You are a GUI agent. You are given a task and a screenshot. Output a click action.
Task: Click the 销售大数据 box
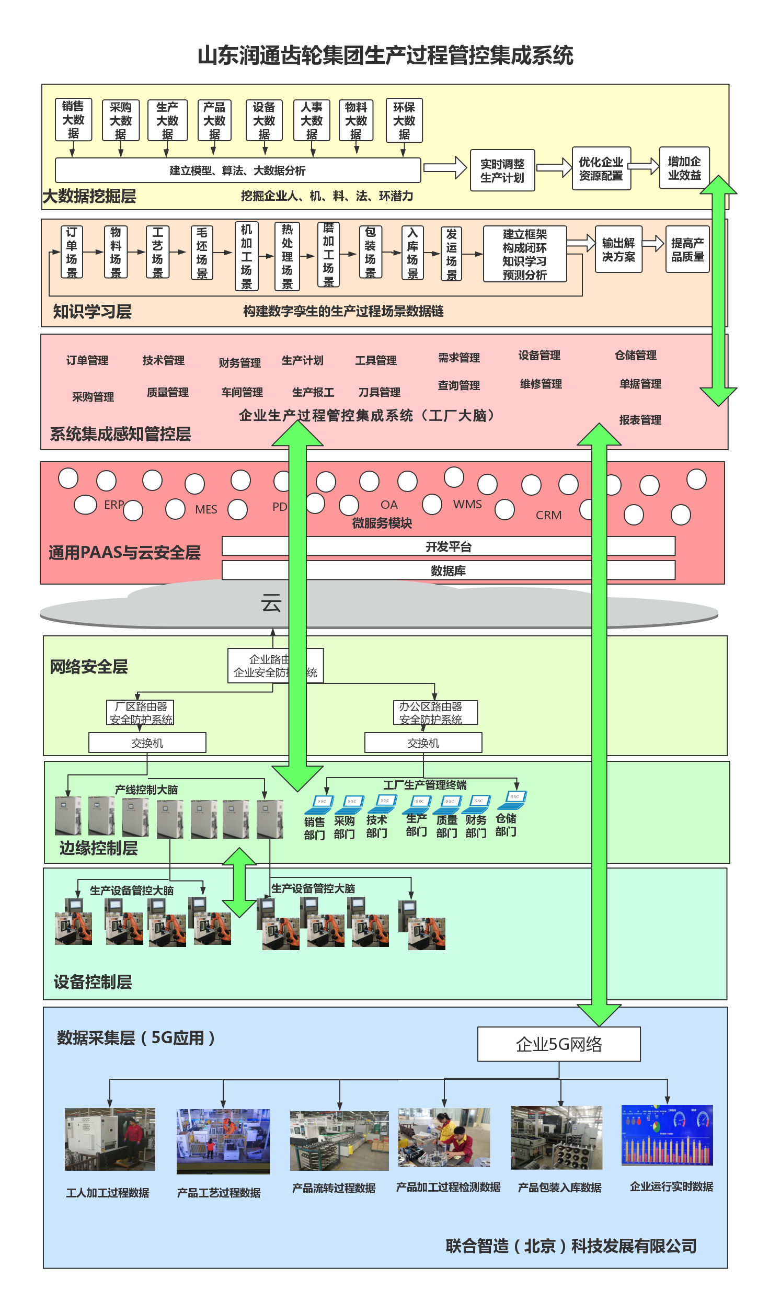tap(73, 120)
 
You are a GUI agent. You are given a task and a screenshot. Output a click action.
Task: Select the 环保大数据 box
tap(404, 120)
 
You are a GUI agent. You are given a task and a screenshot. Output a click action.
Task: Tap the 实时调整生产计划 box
tap(502, 170)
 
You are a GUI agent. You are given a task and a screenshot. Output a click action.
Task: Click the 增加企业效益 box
tap(684, 168)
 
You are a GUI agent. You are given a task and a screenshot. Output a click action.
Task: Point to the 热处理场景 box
tap(287, 256)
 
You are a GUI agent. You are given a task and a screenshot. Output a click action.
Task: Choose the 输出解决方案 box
tap(618, 249)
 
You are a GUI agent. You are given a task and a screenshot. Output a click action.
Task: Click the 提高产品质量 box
tap(687, 249)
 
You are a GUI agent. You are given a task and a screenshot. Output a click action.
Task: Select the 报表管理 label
tap(640, 420)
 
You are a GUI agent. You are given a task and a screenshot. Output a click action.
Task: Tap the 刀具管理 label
tap(379, 392)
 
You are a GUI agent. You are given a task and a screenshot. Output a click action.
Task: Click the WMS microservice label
tap(467, 504)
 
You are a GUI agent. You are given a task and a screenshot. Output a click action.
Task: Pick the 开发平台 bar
tap(448, 546)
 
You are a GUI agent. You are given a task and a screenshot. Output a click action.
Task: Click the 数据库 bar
tap(448, 570)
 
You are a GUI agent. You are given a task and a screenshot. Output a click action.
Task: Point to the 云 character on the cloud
tap(271, 603)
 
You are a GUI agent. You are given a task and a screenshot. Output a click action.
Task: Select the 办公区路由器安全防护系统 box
tap(435, 713)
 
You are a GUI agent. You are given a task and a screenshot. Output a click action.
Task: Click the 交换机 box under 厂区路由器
tap(147, 743)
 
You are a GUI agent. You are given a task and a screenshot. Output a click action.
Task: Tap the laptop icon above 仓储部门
tap(512, 798)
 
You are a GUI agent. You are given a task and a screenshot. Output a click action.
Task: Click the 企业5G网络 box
tap(558, 1044)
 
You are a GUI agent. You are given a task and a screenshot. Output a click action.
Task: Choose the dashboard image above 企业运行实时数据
tap(667, 1135)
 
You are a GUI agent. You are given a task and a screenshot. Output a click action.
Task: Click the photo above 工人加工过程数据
tap(110, 1139)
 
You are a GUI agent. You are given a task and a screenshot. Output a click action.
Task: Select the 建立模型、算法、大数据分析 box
tap(237, 170)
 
